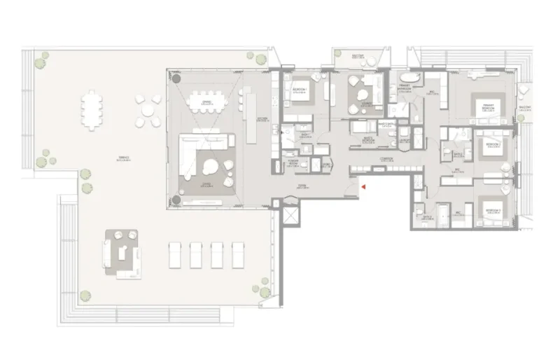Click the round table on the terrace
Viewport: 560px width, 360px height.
coord(148,110)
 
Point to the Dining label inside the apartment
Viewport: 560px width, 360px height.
coord(206,102)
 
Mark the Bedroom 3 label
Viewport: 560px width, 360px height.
coord(493,210)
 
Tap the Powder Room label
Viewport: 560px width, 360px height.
coord(295,162)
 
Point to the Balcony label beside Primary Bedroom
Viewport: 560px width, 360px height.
coord(524,108)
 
